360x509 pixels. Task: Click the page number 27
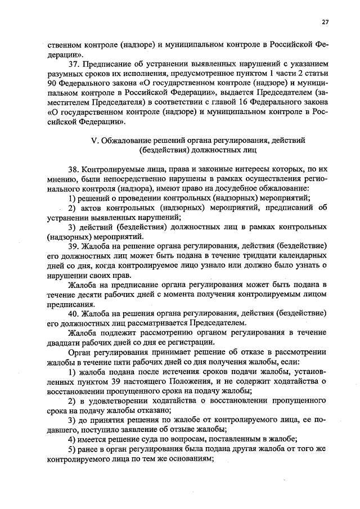coord(325,22)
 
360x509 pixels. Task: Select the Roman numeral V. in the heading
coord(94,140)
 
